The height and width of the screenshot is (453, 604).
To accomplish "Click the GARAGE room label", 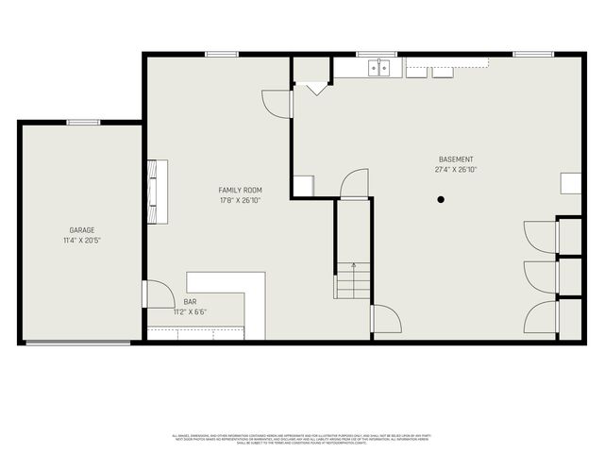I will pos(81,230).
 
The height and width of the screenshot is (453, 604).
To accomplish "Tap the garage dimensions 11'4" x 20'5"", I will pos(81,241).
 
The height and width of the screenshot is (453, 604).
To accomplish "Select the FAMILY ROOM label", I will pos(240,191).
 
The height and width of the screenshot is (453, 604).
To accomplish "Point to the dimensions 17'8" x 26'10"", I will pos(240,201).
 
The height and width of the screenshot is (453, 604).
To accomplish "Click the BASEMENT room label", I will pos(456,159).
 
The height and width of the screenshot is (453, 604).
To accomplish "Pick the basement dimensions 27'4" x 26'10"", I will pos(456,170).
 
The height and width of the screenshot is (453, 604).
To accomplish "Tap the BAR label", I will pos(190,301).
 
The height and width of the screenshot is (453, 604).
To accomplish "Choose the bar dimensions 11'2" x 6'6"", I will pos(190,311).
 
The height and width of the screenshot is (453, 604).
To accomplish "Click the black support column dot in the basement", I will pos(441,199).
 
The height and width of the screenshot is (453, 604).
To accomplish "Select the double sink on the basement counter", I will pos(379,67).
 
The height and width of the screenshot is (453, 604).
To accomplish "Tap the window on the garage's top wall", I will pos(83,121).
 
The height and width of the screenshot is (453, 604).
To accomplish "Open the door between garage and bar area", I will pos(157,294).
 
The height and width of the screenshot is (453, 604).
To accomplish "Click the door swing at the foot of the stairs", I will pos(386,319).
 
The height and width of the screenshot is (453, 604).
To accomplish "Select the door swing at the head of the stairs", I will pos(355,183).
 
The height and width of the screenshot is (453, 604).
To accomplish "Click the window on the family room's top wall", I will pos(221,54).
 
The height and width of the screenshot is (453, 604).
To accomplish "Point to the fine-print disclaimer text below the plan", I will pos(302,439).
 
